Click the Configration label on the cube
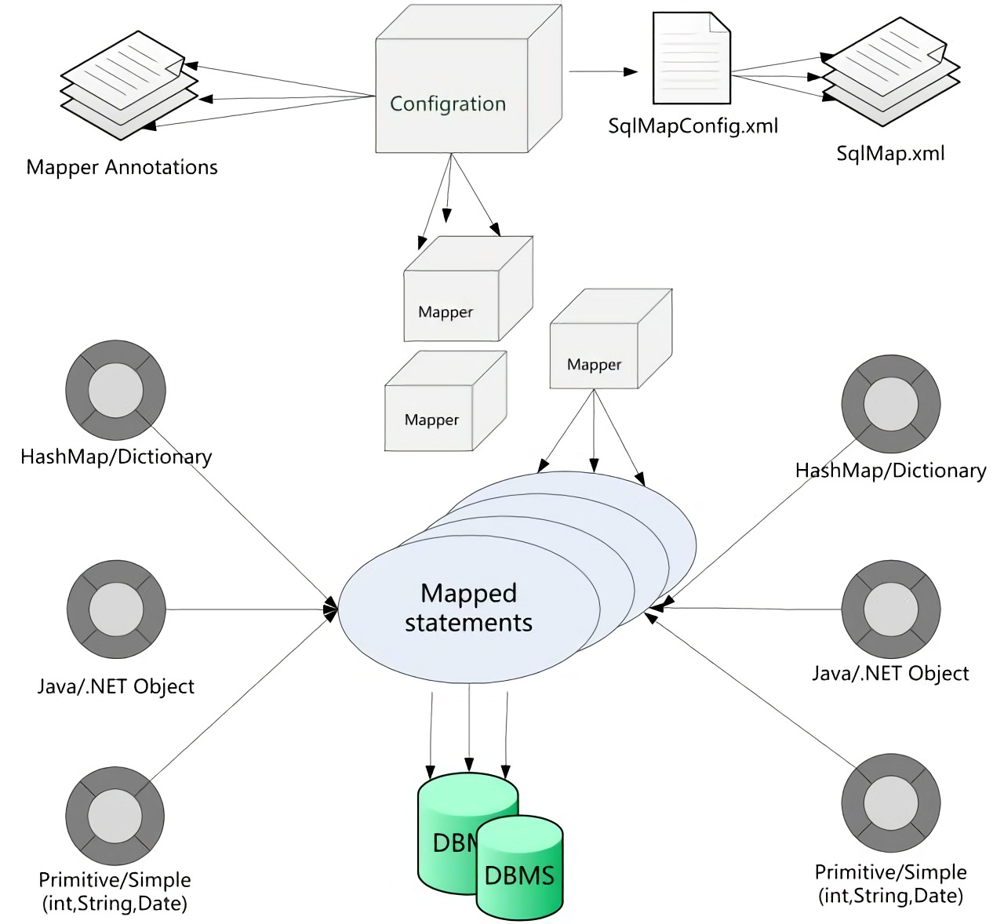tap(448, 104)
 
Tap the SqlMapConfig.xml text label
tap(693, 126)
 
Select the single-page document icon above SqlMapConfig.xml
tap(691, 60)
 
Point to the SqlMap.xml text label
tap(890, 152)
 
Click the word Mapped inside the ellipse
tap(468, 593)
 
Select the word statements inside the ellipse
tap(468, 623)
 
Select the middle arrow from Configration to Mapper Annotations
tap(290, 98)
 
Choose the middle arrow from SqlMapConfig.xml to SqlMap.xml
tap(777, 76)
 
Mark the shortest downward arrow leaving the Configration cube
tap(449, 188)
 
